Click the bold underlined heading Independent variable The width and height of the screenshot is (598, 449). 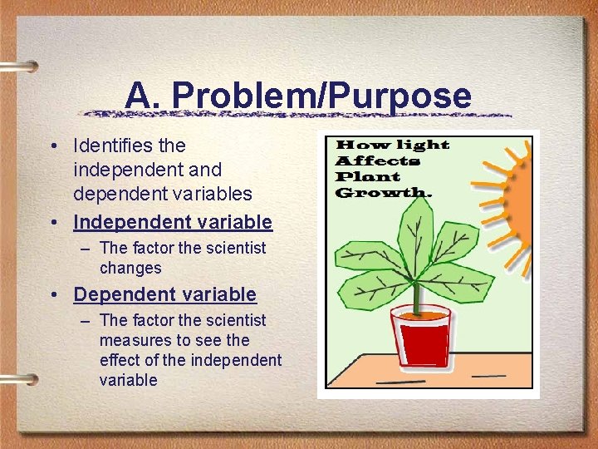tap(173, 222)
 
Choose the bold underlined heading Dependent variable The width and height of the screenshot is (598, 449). tap(165, 294)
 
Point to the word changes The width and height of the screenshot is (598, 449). tap(130, 269)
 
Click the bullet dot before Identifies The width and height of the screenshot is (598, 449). tap(52, 146)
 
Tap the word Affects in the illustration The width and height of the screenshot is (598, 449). tap(377, 160)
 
